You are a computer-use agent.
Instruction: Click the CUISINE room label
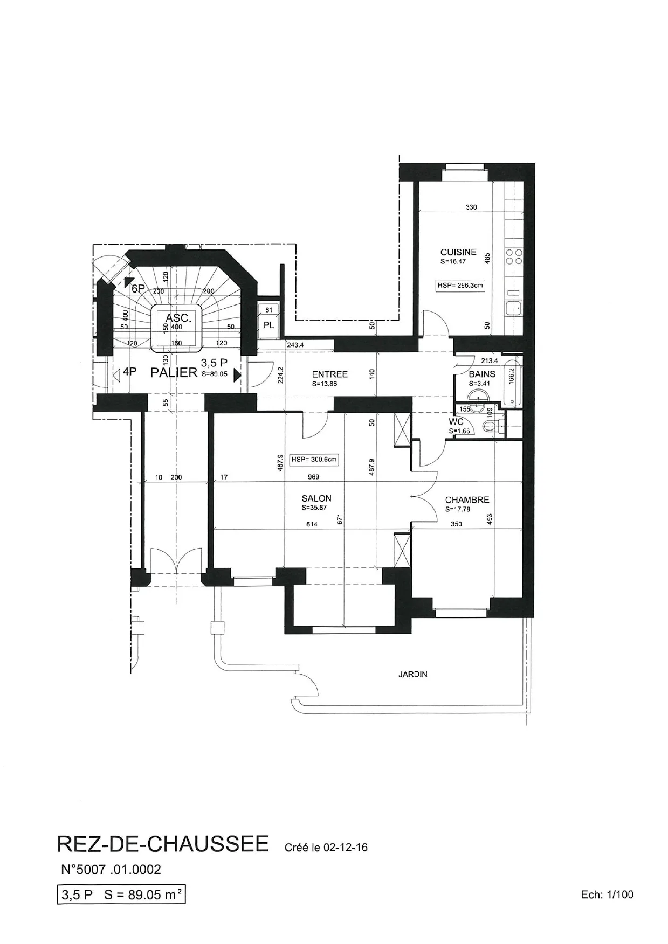pos(458,252)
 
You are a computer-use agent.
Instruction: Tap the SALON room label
pos(316,498)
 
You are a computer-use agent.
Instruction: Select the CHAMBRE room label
pos(467,499)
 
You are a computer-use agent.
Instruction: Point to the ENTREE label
pos(330,374)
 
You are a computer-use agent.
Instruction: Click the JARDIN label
pos(413,674)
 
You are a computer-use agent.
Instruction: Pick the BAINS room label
pos(482,374)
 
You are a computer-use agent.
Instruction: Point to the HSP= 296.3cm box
pos(460,286)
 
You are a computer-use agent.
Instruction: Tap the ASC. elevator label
pos(176,318)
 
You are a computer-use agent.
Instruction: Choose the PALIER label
pos(174,373)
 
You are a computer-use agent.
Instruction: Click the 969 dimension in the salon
pos(313,477)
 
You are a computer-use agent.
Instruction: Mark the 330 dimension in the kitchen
pos(471,207)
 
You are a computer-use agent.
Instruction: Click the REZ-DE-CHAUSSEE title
pos(163,844)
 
